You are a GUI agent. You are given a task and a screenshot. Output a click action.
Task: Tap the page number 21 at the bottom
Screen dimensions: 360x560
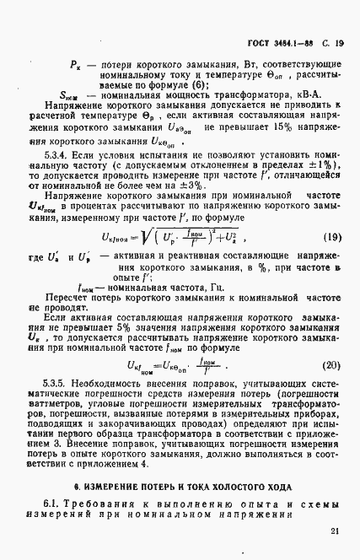point(335,530)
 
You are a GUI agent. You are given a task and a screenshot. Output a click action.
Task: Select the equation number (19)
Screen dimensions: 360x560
point(331,239)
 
